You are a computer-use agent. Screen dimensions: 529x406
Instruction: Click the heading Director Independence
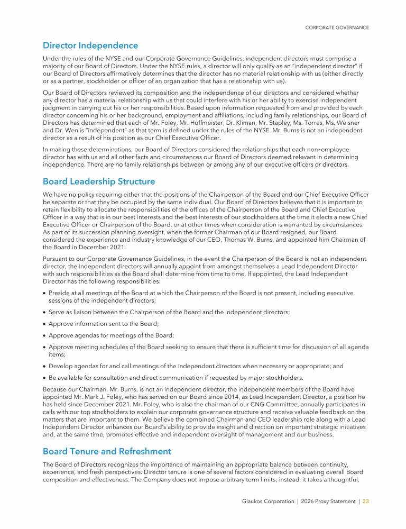click(x=90, y=45)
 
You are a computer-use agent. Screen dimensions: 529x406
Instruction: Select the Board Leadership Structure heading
click(x=99, y=181)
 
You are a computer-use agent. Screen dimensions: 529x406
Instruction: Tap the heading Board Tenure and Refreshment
click(x=107, y=451)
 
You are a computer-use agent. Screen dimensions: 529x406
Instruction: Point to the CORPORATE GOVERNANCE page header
click(x=337, y=28)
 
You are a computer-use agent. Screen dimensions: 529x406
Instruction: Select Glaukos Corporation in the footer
click(x=267, y=501)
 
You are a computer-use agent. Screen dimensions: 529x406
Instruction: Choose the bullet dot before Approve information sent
click(x=44, y=324)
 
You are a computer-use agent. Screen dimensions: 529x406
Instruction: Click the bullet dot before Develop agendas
click(x=44, y=365)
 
